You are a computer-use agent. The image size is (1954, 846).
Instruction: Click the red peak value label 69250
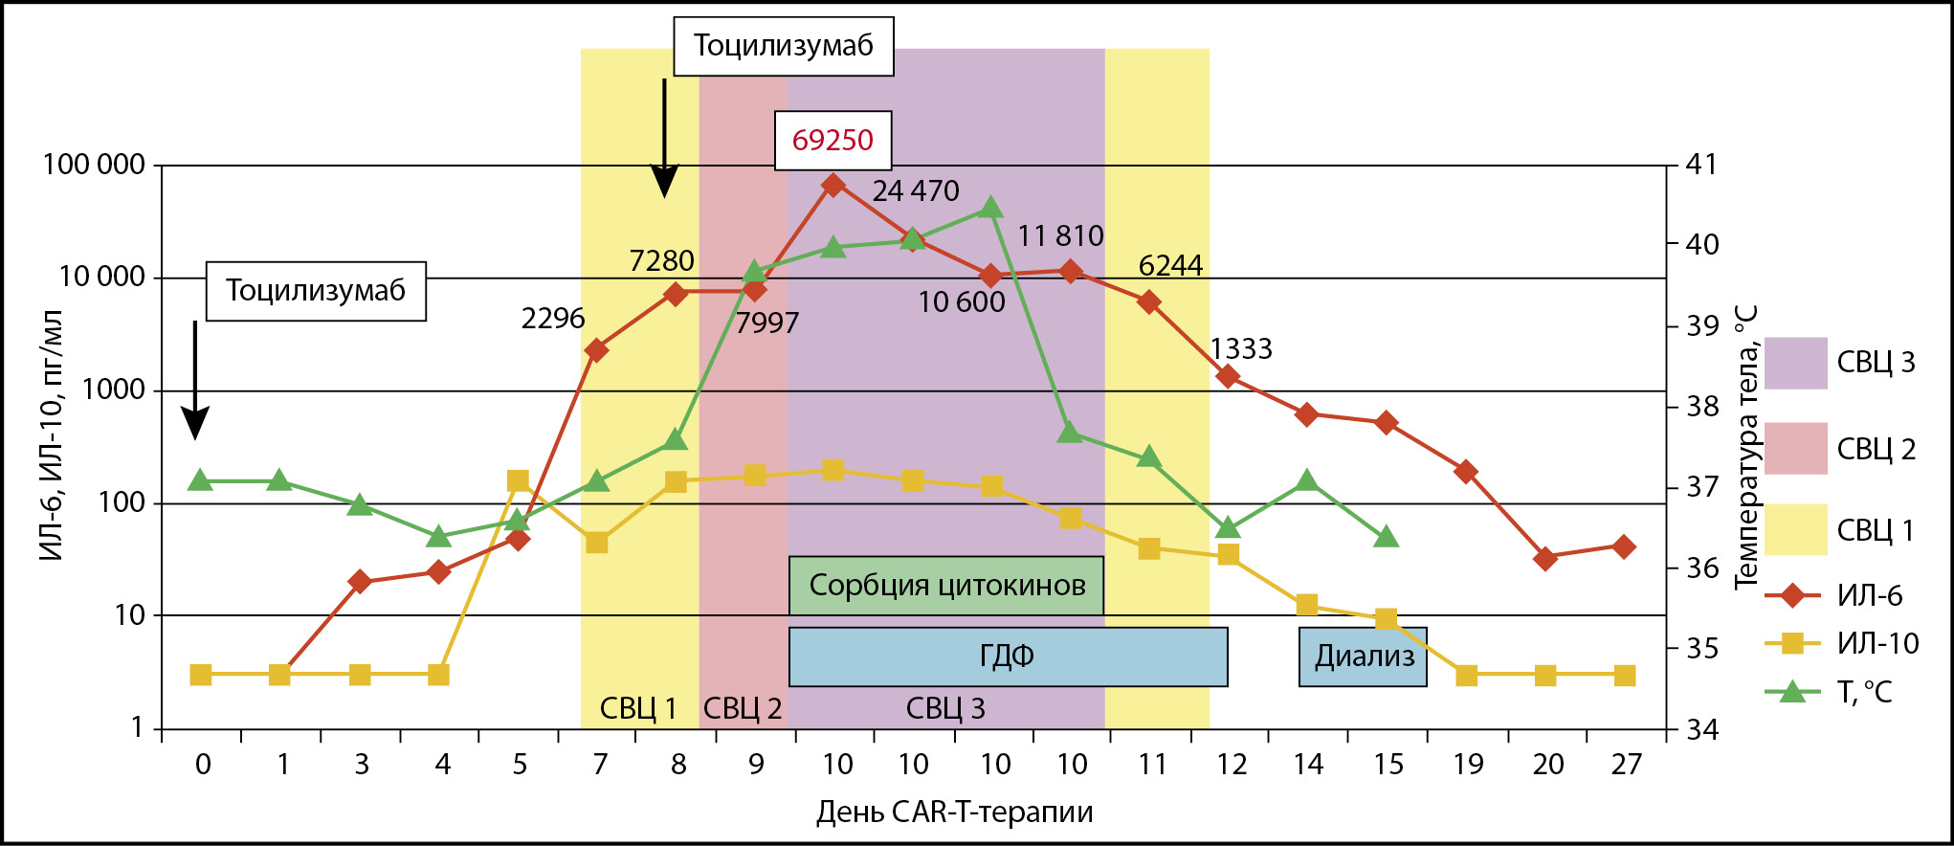point(833,140)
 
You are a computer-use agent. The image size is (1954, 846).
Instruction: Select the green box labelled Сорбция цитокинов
point(946,585)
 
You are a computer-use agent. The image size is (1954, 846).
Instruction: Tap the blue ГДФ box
point(1008,657)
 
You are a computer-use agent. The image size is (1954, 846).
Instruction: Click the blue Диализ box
point(1363,657)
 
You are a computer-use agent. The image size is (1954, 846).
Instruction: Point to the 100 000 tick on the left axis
point(94,165)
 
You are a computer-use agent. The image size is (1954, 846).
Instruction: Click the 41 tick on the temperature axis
point(1701,165)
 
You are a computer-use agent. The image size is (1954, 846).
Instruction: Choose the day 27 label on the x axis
point(1626,765)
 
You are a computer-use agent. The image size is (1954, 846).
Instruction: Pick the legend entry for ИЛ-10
point(1842,643)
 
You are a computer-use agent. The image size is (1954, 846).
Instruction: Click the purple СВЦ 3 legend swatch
point(1795,363)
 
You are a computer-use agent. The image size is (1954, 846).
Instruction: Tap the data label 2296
point(552,319)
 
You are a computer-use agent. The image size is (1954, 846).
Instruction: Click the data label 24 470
point(916,191)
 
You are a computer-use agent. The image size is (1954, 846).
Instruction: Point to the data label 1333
point(1241,349)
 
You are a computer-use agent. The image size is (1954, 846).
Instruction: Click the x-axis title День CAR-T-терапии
point(954,813)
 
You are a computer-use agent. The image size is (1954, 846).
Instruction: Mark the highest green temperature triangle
point(991,208)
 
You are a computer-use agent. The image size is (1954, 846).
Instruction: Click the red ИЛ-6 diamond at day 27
point(1624,547)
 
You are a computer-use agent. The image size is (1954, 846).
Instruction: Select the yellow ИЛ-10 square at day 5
point(518,480)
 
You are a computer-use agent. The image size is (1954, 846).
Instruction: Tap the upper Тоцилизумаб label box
point(783,46)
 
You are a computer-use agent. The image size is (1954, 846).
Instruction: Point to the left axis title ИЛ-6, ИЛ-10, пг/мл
point(52,435)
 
